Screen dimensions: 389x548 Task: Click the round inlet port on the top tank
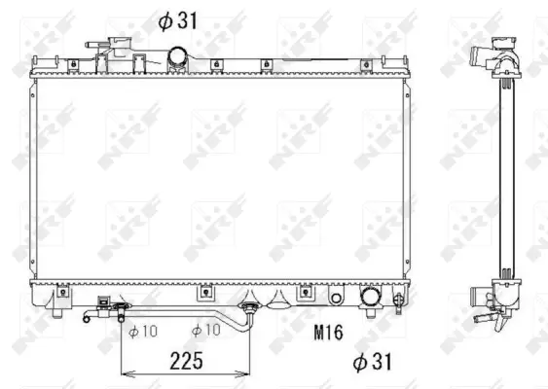pos(178,57)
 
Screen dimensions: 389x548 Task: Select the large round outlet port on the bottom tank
pos(370,297)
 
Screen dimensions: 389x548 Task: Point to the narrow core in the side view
pos(502,175)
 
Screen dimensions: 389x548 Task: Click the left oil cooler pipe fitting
pos(119,310)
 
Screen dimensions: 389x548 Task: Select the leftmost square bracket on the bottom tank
pos(60,290)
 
